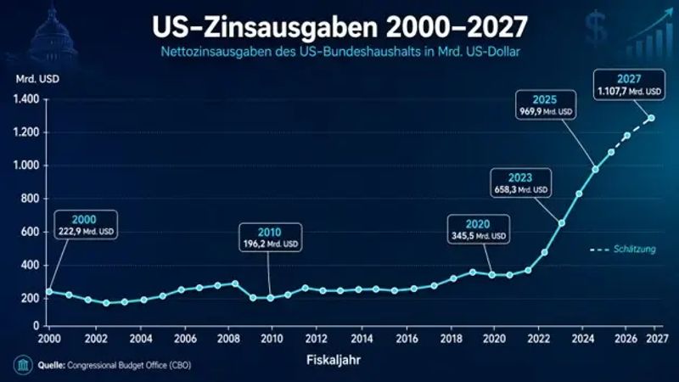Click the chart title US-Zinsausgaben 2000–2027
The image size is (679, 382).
[340, 27]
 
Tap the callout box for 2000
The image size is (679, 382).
[86, 224]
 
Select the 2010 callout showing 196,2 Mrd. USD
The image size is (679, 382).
[270, 238]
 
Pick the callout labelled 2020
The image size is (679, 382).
[479, 229]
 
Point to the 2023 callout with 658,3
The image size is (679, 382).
[520, 183]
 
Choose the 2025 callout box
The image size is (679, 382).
[545, 104]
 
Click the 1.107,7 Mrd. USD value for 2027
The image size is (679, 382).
[629, 92]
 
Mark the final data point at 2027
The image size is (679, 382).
[651, 118]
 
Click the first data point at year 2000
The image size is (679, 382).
[49, 292]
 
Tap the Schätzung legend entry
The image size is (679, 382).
[623, 249]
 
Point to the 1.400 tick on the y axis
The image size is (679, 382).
[26, 99]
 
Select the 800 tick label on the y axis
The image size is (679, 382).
[30, 199]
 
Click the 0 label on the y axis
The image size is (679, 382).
[36, 326]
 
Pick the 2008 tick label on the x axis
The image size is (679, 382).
[228, 338]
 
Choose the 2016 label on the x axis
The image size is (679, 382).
[407, 338]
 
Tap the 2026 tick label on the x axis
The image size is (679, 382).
[626, 338]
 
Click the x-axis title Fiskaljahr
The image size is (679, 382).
[334, 360]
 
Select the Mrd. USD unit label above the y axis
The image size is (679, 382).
[37, 79]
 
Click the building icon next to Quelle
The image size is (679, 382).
[23, 365]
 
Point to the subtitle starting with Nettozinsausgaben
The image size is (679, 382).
[340, 52]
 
